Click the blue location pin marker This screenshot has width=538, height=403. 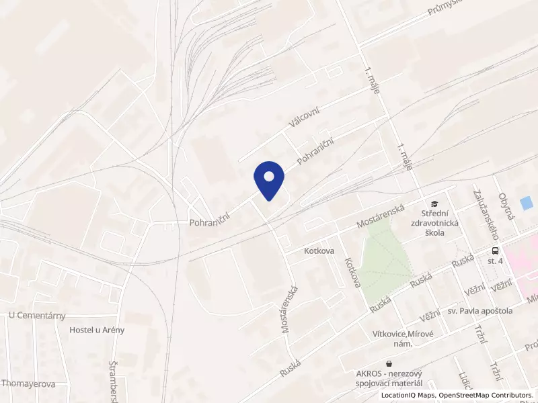pyautogui.click(x=269, y=180)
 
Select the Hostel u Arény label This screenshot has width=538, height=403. pyautogui.click(x=97, y=330)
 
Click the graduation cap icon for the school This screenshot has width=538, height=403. pyautogui.click(x=434, y=203)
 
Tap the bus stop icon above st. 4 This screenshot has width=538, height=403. pyautogui.click(x=494, y=249)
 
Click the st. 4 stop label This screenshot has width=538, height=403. pyautogui.click(x=495, y=261)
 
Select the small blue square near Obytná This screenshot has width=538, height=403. pyautogui.click(x=527, y=202)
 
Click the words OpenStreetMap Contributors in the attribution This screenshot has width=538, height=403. pyautogui.click(x=486, y=396)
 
